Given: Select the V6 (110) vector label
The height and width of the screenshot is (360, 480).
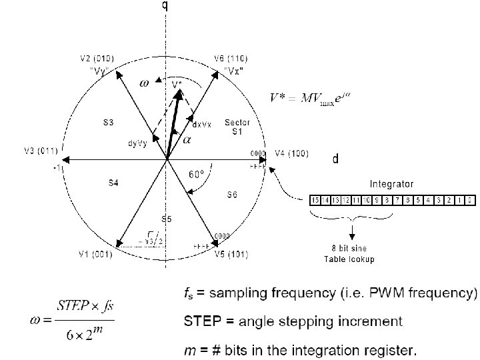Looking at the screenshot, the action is (234, 58).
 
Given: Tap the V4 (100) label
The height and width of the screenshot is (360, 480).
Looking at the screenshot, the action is (291, 153).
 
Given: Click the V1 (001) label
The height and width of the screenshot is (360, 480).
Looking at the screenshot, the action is (93, 253).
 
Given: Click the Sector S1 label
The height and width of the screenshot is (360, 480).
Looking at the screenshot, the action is (237, 127).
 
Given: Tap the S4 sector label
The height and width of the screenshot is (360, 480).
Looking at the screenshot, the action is (113, 182).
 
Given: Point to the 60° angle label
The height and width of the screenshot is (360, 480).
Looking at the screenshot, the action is (196, 174).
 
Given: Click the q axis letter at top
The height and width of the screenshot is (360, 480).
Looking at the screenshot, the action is (165, 6).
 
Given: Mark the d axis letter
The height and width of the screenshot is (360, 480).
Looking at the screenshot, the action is (335, 159).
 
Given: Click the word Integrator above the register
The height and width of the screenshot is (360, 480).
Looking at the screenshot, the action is (392, 183).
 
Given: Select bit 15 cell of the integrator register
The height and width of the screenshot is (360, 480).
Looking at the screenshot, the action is (315, 199).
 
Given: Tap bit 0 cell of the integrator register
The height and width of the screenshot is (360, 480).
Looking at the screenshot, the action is (469, 199).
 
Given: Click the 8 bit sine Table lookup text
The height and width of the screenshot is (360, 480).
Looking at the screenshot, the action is (354, 253).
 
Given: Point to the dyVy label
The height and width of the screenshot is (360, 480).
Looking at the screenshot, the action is (138, 143).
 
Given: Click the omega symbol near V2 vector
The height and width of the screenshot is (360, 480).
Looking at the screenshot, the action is (143, 83).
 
